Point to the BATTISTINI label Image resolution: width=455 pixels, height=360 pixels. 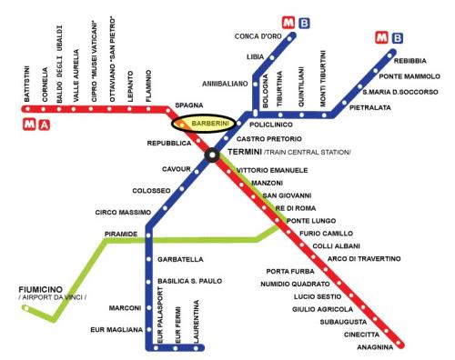(27, 85)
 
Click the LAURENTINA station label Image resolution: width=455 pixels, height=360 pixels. (197, 332)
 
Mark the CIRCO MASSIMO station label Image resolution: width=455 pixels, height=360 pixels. (119, 213)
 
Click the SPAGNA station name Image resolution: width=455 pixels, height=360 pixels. (188, 105)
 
